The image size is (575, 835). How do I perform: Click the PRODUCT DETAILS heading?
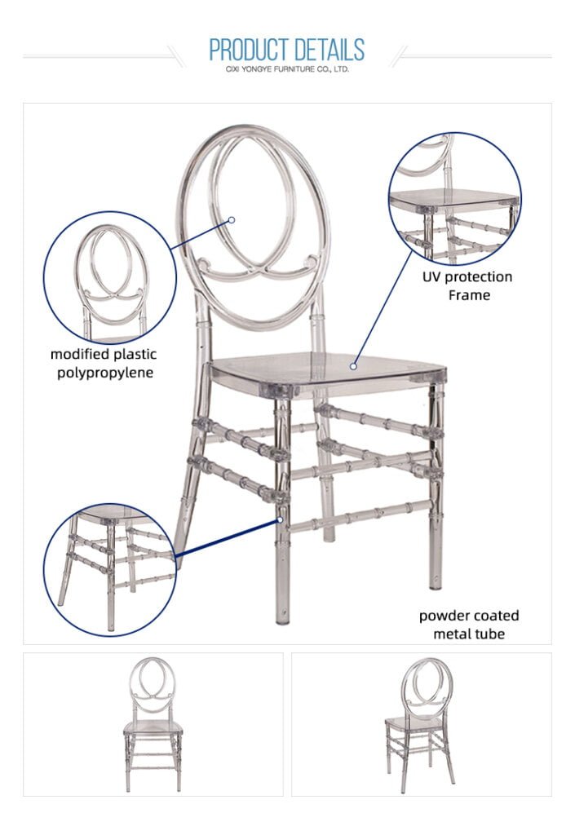pos(286,50)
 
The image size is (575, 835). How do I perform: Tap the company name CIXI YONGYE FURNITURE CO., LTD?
pos(287,69)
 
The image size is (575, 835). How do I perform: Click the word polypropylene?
pos(105,373)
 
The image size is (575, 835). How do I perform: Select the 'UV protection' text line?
pos(467,277)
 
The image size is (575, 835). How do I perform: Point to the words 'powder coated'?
pos(468,616)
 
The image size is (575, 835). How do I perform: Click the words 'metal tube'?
pos(468,634)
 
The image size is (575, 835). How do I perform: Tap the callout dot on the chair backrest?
pos(232,219)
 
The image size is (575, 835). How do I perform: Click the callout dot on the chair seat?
pos(353,366)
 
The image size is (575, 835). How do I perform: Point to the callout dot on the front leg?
pos(280,519)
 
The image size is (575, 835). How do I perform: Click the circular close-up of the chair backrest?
pos(109,278)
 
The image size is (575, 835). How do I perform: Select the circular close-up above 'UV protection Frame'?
pos(454,198)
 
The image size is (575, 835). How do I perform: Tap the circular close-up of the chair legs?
pos(109,570)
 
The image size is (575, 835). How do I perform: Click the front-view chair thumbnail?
pos(153,724)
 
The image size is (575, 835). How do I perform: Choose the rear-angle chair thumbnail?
pos(420,724)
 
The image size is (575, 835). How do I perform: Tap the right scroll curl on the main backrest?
pos(310,261)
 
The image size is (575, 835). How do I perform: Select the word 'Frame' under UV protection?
pos(469,295)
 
